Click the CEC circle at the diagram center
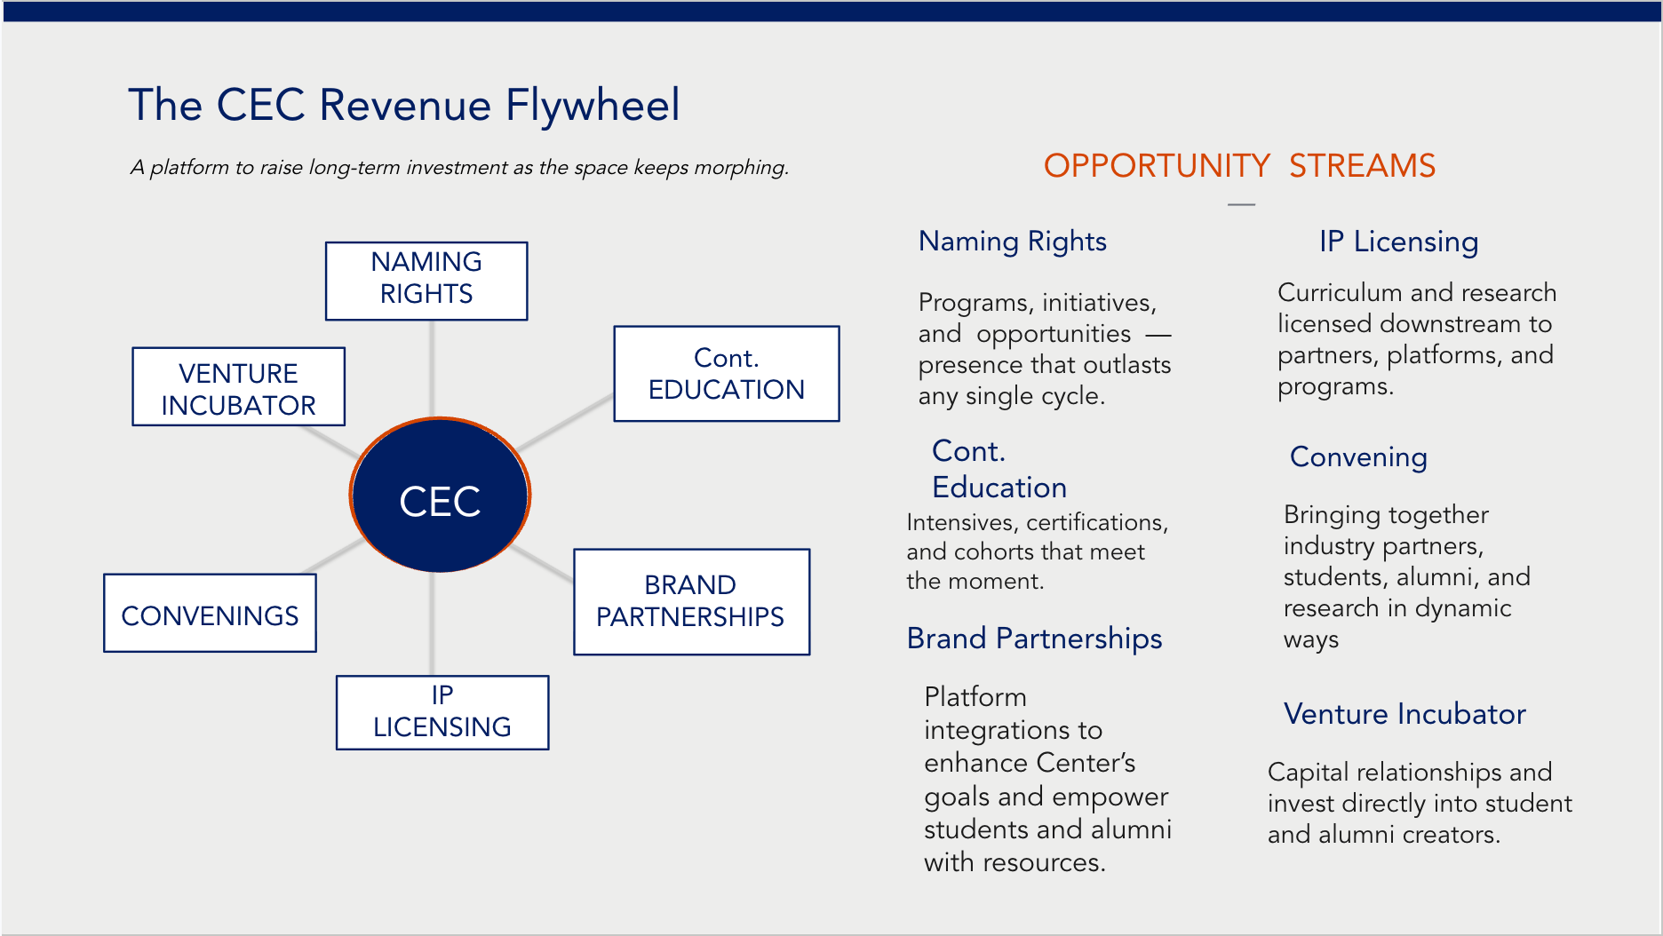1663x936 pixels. tap(440, 495)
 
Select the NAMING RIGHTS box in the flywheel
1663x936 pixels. tap(426, 281)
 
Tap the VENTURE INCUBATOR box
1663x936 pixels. tap(239, 386)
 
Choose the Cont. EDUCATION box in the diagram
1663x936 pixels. tap(727, 374)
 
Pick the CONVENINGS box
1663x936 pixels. tap(211, 614)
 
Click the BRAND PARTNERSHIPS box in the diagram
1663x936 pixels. tap(692, 602)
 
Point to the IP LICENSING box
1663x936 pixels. tap(442, 713)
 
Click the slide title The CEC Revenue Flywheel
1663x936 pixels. tap(404, 105)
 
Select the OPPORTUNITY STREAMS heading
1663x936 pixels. tap(1239, 166)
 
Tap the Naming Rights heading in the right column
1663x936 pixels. tap(1013, 242)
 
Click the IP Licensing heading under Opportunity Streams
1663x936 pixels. tap(1399, 242)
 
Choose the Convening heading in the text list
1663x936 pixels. tap(1358, 457)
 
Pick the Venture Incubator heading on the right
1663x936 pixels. tap(1404, 714)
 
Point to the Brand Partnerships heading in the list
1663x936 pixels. tap(1034, 639)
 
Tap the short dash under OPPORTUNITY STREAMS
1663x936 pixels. tap(1241, 205)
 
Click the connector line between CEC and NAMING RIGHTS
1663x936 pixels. tap(432, 369)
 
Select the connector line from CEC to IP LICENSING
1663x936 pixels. tap(432, 623)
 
